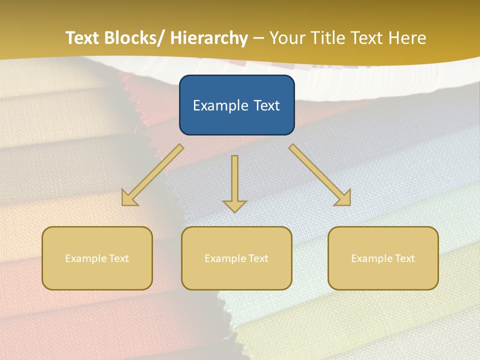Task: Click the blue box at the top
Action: pyautogui.click(x=236, y=105)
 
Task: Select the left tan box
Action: pyautogui.click(x=97, y=258)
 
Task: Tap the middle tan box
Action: pyautogui.click(x=236, y=258)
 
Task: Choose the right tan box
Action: pyautogui.click(x=383, y=258)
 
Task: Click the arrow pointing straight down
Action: pyautogui.click(x=234, y=182)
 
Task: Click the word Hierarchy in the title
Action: pyautogui.click(x=209, y=38)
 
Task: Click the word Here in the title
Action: pyautogui.click(x=407, y=38)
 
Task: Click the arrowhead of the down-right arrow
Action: pyautogui.click(x=344, y=199)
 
